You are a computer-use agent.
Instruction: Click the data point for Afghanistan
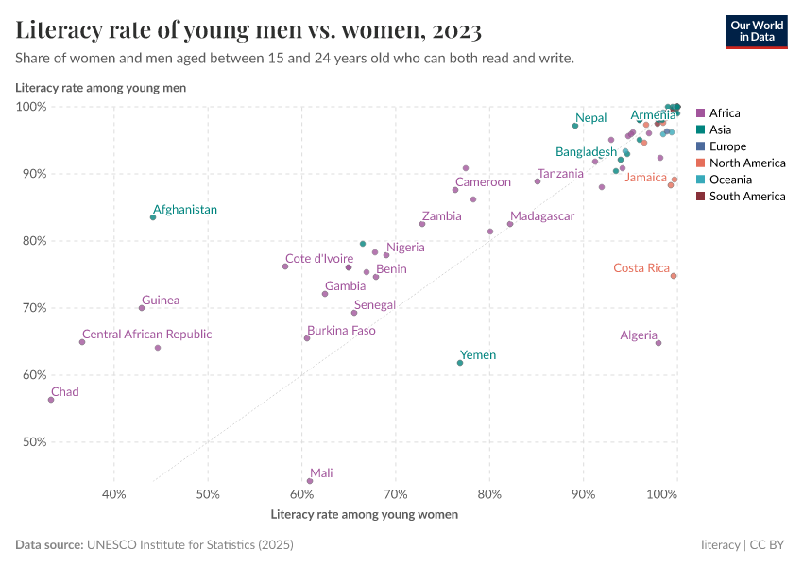tap(153, 217)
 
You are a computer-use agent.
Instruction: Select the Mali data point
tap(310, 481)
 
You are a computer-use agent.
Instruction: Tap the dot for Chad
tap(51, 400)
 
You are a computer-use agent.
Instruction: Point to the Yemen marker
tap(460, 363)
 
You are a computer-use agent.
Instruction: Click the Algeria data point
tap(658, 343)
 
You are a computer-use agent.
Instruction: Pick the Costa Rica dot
tap(674, 276)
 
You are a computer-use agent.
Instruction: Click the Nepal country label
tap(590, 118)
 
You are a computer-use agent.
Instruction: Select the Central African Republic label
tap(146, 335)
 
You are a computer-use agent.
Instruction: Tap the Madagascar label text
tap(541, 216)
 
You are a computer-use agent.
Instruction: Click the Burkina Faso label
tap(341, 331)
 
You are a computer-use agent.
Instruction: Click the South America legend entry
tap(746, 197)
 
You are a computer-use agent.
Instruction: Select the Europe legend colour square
tap(700, 146)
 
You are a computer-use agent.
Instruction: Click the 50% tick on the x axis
tap(208, 494)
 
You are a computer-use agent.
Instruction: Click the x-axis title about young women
tap(365, 515)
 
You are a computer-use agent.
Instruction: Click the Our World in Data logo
tap(757, 31)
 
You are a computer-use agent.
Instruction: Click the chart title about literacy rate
tap(249, 30)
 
